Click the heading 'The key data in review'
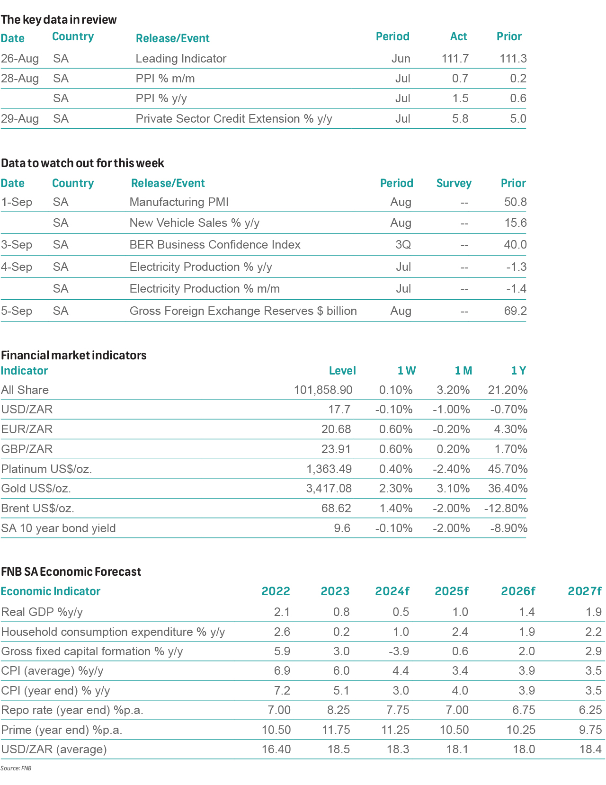[59, 20]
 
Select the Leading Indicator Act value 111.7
[455, 59]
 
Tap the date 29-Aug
[20, 119]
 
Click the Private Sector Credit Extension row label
[234, 119]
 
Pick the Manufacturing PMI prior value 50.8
[515, 202]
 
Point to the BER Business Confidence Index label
[215, 245]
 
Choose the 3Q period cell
[403, 245]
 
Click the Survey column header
[454, 183]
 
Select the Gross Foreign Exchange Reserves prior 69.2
[515, 311]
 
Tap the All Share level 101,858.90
[323, 390]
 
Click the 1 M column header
[463, 371]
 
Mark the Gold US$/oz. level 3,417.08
[329, 489]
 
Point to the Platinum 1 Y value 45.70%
[508, 469]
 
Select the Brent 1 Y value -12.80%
[506, 508]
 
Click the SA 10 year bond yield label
[58, 528]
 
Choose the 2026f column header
[518, 591]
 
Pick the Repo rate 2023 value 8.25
[336, 710]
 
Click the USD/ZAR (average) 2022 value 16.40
[276, 749]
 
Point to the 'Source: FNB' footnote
[16, 768]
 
